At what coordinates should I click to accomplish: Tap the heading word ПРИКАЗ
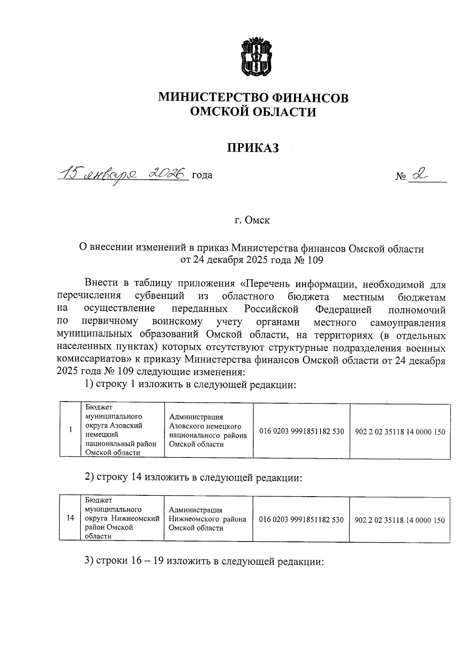[x=253, y=148]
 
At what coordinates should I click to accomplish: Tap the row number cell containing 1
[x=70, y=430]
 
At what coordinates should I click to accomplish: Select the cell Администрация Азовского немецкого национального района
[x=208, y=431]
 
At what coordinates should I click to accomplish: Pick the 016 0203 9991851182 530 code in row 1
[x=301, y=431]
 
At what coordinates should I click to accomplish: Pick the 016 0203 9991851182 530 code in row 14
[x=301, y=520]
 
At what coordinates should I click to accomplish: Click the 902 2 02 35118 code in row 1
[x=400, y=432]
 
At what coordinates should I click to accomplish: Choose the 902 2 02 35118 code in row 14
[x=399, y=520]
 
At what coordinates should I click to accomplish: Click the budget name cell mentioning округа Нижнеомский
[x=122, y=518]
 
